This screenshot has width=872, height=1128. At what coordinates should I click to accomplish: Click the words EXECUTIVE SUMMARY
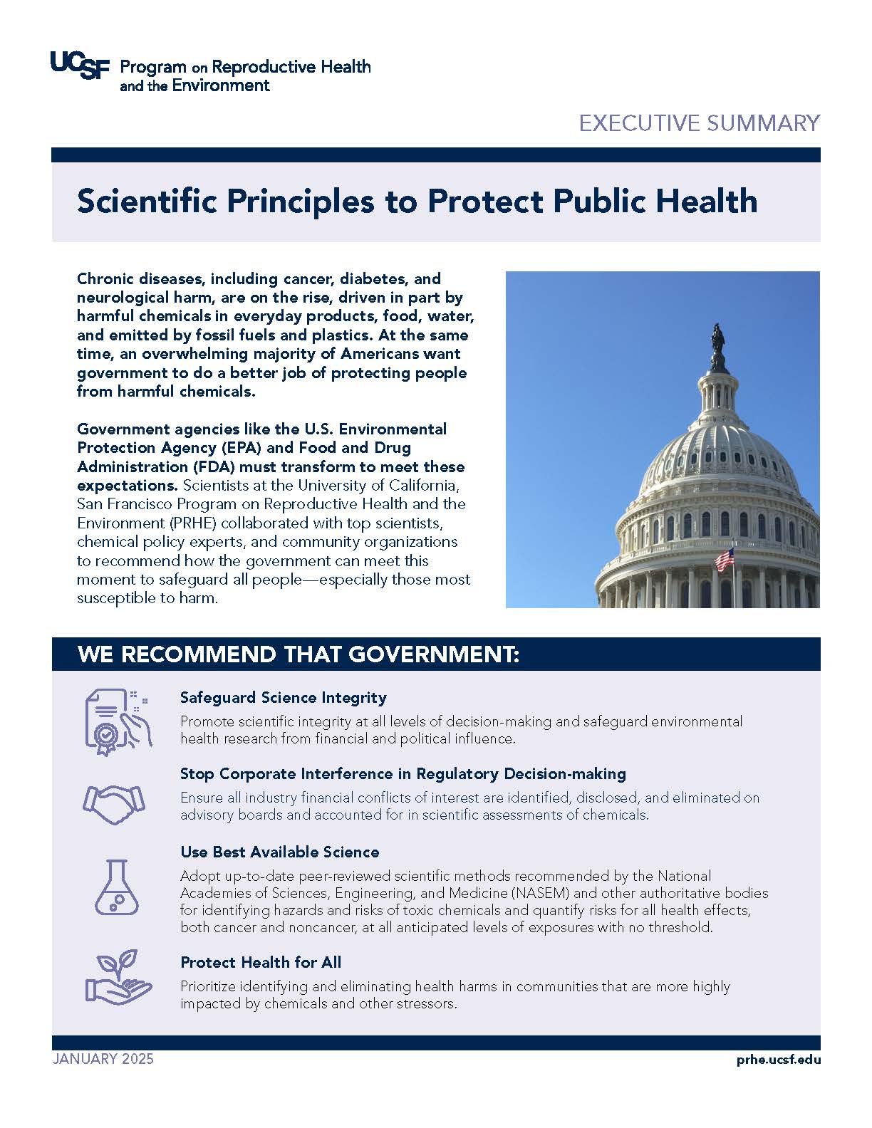(699, 123)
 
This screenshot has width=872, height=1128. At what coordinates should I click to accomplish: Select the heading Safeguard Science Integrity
(283, 697)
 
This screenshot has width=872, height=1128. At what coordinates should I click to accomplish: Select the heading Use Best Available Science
(279, 852)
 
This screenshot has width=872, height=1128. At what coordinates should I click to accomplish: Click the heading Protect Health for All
(261, 962)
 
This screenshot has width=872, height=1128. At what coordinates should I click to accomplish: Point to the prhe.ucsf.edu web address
(779, 1060)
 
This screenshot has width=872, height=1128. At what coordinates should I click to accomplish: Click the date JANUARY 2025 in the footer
(103, 1059)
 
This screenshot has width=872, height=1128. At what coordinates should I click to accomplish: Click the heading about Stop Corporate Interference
(403, 773)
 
